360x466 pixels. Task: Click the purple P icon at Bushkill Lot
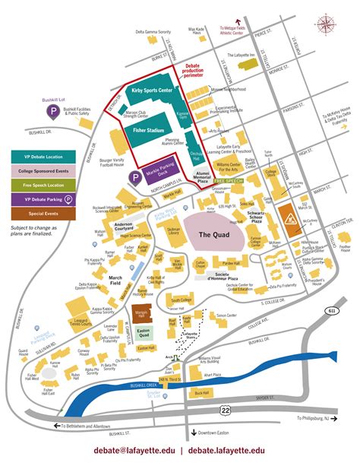pyautogui.click(x=54, y=113)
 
